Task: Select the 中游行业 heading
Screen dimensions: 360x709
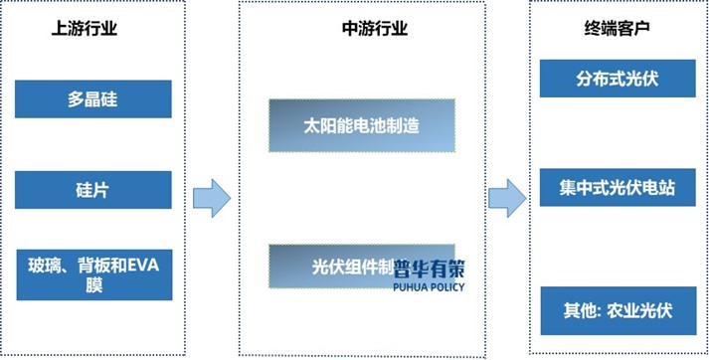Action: coord(374,29)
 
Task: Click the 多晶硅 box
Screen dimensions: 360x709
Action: coord(93,99)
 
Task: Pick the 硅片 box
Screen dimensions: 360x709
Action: coord(93,188)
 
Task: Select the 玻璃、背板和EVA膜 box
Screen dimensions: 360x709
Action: coord(93,275)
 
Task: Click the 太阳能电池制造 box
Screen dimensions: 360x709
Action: coord(361,125)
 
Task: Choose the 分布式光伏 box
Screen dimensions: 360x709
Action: coord(616,79)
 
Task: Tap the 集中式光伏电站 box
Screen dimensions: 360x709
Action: coord(616,187)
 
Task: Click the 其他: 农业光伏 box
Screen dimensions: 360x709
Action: coord(616,310)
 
